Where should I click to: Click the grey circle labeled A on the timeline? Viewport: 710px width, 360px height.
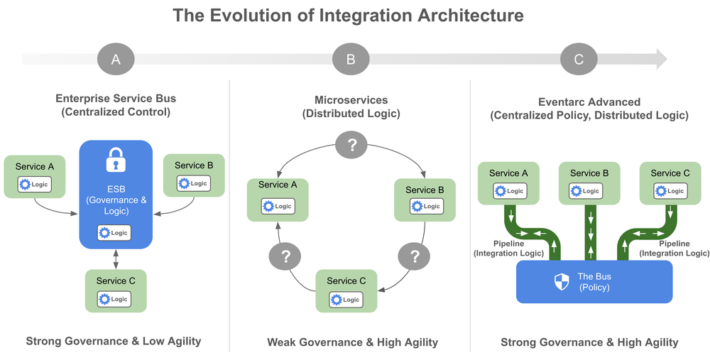[x=116, y=60]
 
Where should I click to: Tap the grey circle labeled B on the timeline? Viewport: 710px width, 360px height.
[x=350, y=60]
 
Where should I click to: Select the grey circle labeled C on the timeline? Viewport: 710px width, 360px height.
[x=579, y=60]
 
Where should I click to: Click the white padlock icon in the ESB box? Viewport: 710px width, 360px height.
[x=116, y=160]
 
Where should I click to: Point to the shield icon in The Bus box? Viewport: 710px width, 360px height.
[x=562, y=282]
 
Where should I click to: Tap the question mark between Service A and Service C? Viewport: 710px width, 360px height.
[x=286, y=256]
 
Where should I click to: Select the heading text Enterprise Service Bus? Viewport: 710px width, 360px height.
[x=116, y=99]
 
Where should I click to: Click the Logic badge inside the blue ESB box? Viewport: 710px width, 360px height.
[x=115, y=232]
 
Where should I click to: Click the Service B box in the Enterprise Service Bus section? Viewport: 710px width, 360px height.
[x=194, y=175]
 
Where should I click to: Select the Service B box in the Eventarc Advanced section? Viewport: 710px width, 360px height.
[x=589, y=182]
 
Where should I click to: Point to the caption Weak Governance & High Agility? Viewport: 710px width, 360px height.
[x=352, y=342]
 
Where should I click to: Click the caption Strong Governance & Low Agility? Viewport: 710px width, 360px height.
[x=114, y=342]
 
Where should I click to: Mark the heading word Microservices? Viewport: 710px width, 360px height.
[x=351, y=100]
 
